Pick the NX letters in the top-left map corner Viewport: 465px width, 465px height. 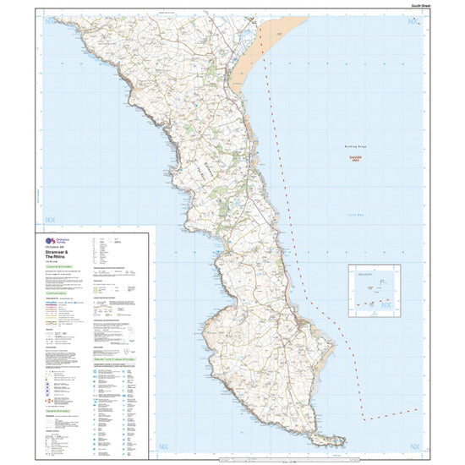(46, 22)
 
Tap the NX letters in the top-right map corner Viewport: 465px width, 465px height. (413, 21)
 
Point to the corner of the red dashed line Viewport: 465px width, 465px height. (363, 418)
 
